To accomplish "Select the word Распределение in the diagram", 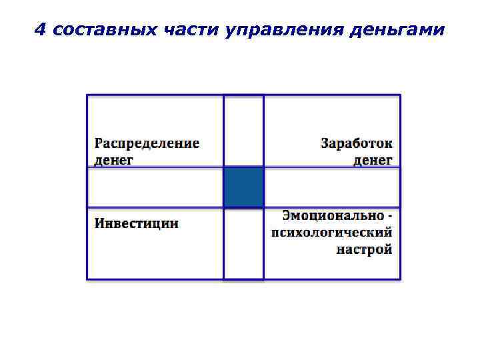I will tap(147, 143).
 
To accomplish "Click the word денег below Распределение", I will tap(113, 160).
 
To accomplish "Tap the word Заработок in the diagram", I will tap(357, 143).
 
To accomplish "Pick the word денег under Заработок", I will tap(373, 160).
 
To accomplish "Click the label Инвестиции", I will tap(136, 223).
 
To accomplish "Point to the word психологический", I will tap(331, 233).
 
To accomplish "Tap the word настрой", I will tap(364, 250).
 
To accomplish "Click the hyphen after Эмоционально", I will tap(389, 216).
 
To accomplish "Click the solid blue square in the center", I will tap(243, 187).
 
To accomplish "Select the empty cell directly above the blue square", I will tap(243, 131).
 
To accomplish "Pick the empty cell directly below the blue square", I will tap(243, 243).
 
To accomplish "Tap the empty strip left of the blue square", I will tap(155, 187).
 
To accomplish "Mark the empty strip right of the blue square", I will tap(332, 187).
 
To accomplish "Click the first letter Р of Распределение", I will tap(98, 143).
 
